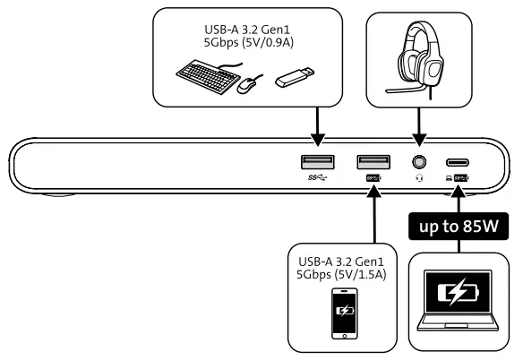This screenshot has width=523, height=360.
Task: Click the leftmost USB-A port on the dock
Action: (318, 161)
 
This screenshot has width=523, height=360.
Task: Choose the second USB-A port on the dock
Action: (373, 161)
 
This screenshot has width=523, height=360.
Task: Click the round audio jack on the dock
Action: (417, 162)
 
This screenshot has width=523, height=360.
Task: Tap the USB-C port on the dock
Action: (461, 162)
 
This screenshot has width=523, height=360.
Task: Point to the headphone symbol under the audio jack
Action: (417, 177)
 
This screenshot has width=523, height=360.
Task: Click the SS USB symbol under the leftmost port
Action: (318, 177)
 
